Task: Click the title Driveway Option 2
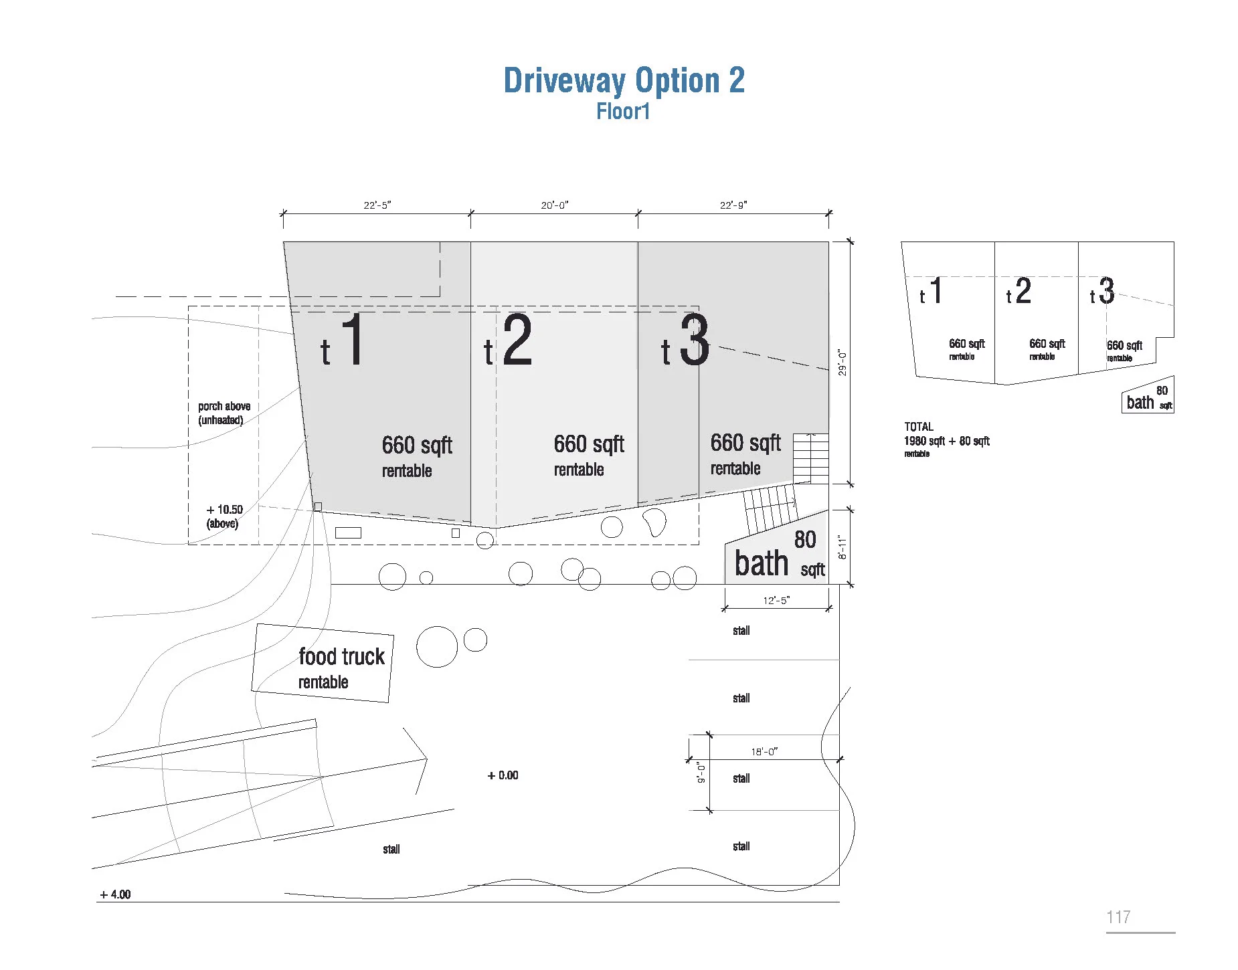[624, 81]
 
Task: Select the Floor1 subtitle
[623, 111]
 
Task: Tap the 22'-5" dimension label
[377, 205]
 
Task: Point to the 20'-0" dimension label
[554, 205]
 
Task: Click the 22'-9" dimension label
[733, 205]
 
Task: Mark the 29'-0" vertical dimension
[843, 363]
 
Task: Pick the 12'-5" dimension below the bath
[776, 600]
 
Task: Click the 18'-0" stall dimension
[764, 751]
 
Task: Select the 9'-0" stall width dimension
[701, 773]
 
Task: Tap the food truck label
[341, 657]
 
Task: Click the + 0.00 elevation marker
[503, 775]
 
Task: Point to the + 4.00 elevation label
[115, 894]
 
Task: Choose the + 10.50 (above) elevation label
[224, 516]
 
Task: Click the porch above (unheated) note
[224, 413]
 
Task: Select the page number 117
[1118, 917]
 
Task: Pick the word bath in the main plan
[762, 563]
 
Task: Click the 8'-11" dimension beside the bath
[843, 547]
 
